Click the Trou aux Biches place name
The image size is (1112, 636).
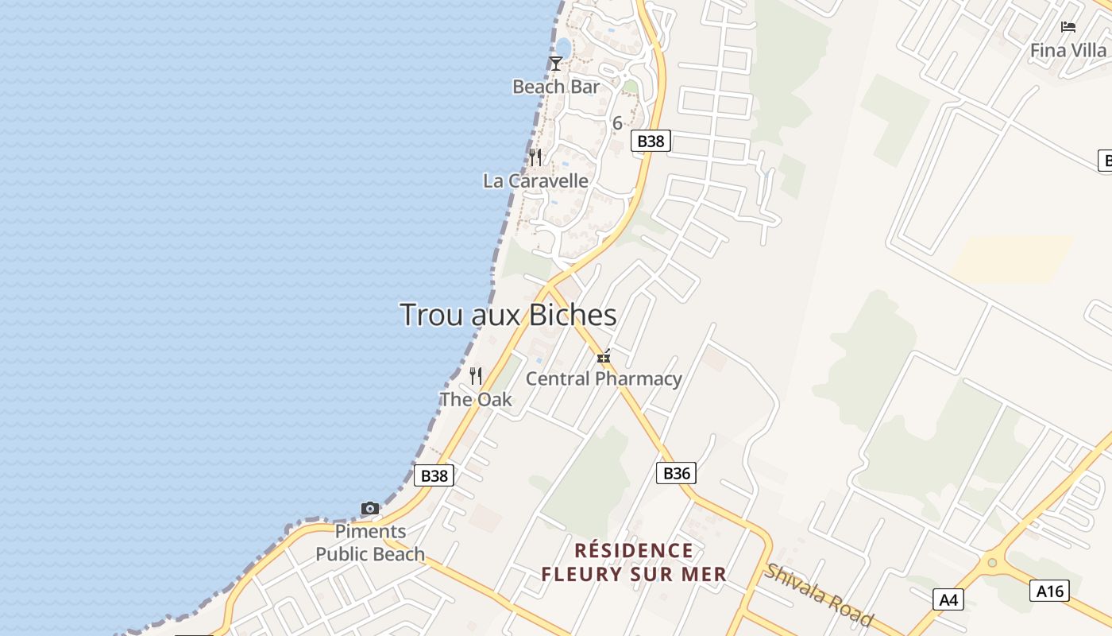coord(508,315)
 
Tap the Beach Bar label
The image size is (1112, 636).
coord(556,87)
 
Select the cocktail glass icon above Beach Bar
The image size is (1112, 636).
coord(556,64)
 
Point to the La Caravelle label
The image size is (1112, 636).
coord(536,181)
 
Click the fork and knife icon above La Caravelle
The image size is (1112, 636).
coord(536,157)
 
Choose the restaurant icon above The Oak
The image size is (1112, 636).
coord(476,375)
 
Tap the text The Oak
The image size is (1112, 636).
coord(476,399)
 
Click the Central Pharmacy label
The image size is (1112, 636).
coord(604,378)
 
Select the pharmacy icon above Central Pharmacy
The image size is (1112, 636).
coord(604,357)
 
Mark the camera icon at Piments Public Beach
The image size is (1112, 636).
coord(370,508)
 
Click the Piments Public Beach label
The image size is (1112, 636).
coord(370,543)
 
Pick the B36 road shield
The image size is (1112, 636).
coord(677,474)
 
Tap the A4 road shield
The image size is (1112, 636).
coord(948,599)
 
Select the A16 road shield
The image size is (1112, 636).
coord(1049,591)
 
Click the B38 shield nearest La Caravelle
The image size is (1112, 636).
coord(651,142)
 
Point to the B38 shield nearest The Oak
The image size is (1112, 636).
coord(434,476)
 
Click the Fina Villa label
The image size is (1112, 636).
coord(1068,50)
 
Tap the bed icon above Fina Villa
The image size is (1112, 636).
coord(1068,27)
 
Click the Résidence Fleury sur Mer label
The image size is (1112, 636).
coord(634,562)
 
